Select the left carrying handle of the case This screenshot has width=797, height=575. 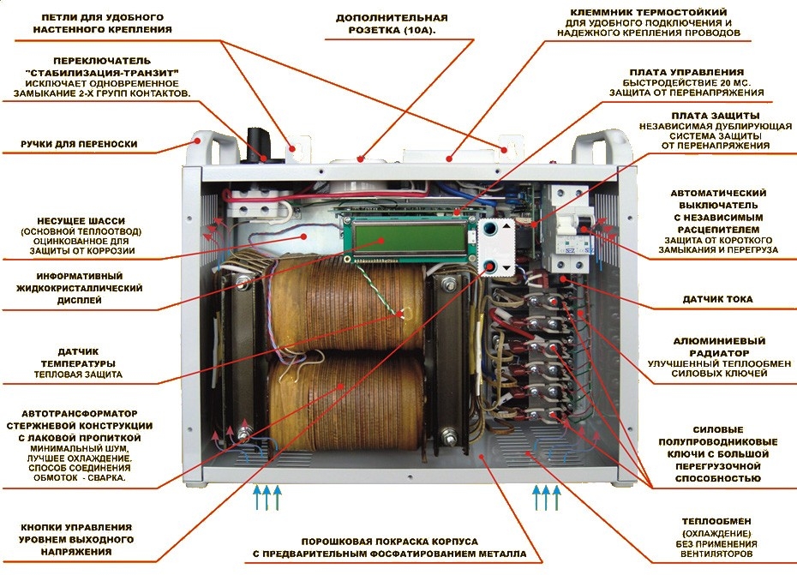[x=206, y=147]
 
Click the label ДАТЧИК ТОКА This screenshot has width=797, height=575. [x=717, y=299]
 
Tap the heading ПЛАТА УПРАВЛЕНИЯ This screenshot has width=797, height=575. [x=686, y=73]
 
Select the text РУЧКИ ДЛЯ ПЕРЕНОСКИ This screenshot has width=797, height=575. [x=79, y=144]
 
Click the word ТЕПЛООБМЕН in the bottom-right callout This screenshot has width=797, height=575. [x=716, y=521]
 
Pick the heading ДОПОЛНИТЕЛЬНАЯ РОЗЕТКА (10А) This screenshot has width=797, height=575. [x=392, y=24]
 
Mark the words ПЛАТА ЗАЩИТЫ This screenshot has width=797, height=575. [x=716, y=116]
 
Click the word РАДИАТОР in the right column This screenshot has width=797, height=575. [x=719, y=353]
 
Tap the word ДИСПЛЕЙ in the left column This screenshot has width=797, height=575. [x=79, y=301]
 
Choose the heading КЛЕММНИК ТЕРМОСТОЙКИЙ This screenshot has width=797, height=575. [x=649, y=12]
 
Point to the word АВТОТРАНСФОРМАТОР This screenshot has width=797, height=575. [x=80, y=414]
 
